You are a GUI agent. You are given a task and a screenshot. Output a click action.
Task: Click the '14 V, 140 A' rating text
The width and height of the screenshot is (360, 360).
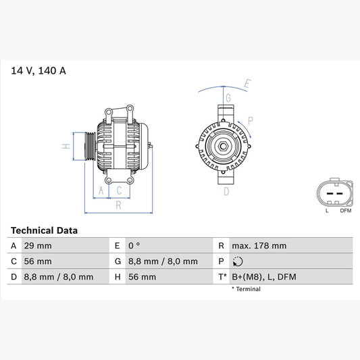coord(38,70)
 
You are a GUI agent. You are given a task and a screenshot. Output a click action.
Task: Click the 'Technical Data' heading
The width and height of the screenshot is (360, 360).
coord(44,230)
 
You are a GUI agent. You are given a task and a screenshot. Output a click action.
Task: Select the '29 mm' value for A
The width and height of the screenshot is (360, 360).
coord(38,245)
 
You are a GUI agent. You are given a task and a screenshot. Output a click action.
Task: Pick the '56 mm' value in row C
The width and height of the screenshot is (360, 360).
coord(38,261)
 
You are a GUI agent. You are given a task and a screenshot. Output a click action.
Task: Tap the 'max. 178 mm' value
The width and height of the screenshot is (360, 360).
coord(258,245)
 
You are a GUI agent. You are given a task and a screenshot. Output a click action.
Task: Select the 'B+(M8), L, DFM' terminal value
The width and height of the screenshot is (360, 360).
coord(263,277)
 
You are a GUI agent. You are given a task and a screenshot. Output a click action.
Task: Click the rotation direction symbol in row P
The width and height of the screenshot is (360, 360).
coord(236,261)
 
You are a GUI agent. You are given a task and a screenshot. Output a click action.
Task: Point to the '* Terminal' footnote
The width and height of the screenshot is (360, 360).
coord(247,288)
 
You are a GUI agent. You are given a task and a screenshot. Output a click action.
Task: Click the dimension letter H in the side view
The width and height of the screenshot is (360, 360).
coord(66,146)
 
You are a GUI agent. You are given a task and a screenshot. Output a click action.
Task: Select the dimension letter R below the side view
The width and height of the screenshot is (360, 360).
coord(118,205)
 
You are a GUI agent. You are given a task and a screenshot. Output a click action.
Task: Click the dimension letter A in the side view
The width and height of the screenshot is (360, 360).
coord(102,191)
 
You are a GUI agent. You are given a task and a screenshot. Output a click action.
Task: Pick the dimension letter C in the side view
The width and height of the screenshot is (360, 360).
coord(119,191)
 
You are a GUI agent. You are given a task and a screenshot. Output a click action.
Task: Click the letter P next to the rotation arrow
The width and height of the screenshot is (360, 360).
coord(251,122)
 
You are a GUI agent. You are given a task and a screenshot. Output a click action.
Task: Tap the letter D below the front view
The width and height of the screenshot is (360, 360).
coord(226,191)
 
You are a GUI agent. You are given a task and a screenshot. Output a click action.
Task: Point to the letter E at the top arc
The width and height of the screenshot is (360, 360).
coord(247,84)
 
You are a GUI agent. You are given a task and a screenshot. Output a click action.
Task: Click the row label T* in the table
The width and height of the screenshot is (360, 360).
coord(222,277)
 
